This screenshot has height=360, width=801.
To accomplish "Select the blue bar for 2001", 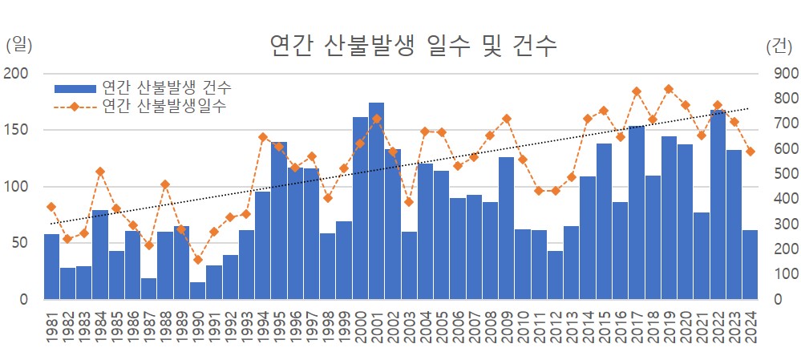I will [x=376, y=200].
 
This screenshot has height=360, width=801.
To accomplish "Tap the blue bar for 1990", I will [x=197, y=290].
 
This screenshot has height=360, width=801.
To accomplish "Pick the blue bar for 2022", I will [x=718, y=204].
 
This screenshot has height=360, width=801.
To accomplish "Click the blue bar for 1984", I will [x=100, y=254].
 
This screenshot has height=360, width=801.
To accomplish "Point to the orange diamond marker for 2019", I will [x=669, y=89].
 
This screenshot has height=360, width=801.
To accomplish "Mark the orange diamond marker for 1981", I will [x=51, y=207].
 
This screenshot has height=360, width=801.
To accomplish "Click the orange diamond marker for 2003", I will [x=409, y=202].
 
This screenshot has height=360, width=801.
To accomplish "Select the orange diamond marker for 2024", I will [x=750, y=152].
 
